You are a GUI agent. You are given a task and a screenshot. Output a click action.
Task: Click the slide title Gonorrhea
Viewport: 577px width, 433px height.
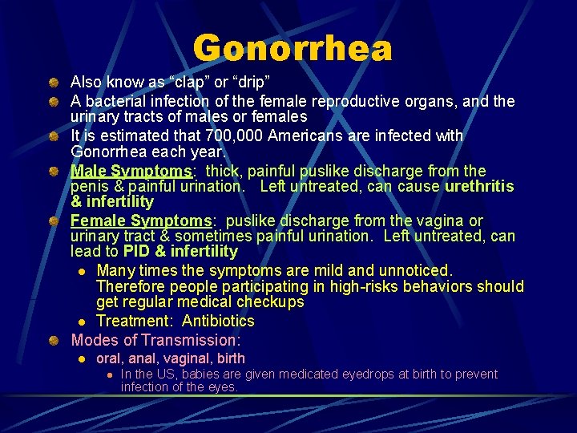pos(293,49)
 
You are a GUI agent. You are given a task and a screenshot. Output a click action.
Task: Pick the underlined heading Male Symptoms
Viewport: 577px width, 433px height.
pos(131,171)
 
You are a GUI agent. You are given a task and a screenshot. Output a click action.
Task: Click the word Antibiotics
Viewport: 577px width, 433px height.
pos(218,322)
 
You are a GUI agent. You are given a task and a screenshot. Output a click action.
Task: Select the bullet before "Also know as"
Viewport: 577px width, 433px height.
pos(52,82)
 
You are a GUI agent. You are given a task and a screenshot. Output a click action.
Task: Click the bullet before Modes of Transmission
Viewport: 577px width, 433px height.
pos(52,340)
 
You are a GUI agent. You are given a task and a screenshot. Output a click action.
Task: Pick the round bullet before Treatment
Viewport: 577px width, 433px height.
pos(81,322)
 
